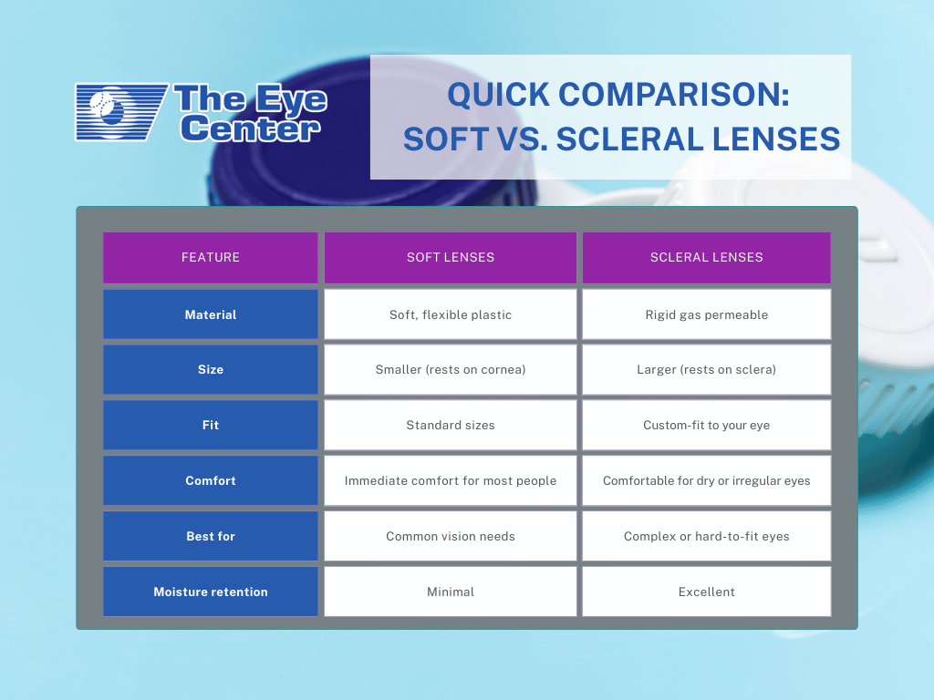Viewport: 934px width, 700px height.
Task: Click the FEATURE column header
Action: [x=211, y=257]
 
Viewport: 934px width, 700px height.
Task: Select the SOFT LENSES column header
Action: [x=451, y=257]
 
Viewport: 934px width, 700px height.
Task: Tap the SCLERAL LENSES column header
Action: [x=707, y=257]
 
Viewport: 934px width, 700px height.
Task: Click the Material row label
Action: [x=211, y=314]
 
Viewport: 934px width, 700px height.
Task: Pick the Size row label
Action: [x=211, y=370]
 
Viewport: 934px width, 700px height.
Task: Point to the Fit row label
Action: [x=211, y=425]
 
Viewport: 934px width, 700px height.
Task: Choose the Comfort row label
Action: [x=211, y=480]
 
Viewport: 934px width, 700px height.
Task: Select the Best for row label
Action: [x=211, y=536]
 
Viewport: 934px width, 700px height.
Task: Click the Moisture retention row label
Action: [x=211, y=592]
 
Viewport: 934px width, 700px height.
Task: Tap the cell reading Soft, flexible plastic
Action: [x=451, y=314]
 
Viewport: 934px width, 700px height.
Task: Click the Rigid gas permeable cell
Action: [x=707, y=314]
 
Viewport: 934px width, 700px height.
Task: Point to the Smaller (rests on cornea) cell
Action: [x=451, y=370]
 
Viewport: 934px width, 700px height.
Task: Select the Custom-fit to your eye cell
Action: [x=707, y=425]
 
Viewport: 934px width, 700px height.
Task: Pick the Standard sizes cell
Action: [x=451, y=425]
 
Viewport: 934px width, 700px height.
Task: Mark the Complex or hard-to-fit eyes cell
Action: [x=707, y=536]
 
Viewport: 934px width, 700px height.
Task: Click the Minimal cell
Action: [x=451, y=592]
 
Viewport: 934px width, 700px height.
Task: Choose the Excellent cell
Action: [x=707, y=592]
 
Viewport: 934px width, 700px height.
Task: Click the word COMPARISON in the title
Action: [x=673, y=95]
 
